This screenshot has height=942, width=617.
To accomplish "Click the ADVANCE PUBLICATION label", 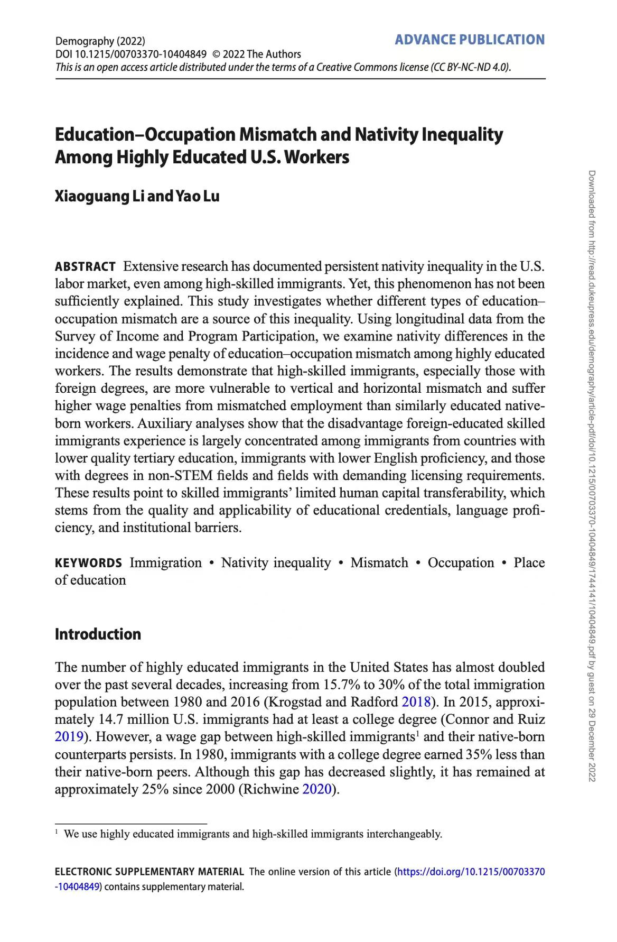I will [x=470, y=40].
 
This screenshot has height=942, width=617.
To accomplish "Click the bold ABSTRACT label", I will [x=85, y=266].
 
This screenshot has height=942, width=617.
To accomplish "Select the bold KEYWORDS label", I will [x=88, y=563].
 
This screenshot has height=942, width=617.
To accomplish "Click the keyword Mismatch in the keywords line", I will [x=379, y=562].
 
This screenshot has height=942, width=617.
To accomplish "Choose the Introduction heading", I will [x=98, y=634].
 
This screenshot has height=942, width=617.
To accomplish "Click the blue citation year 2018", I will [x=416, y=702].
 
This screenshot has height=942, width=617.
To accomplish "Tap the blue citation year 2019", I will [x=69, y=737].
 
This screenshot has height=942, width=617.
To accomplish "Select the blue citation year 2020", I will [x=316, y=789].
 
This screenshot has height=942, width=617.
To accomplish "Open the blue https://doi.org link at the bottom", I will [x=471, y=872].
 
